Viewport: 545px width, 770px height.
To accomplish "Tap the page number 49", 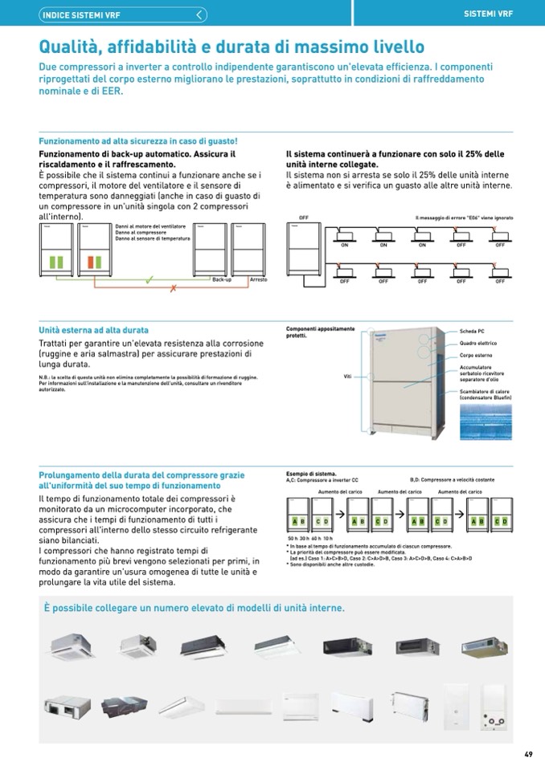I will pyautogui.click(x=528, y=754).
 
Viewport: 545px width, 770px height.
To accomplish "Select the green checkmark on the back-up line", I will pyautogui.click(x=150, y=279).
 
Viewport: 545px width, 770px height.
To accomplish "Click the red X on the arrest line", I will pyautogui.click(x=172, y=289).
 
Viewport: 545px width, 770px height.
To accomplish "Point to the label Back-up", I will pyautogui.click(x=222, y=279).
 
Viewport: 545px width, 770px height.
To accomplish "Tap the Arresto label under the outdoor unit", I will pyautogui.click(x=258, y=279).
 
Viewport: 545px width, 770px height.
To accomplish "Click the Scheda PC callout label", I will pyautogui.click(x=472, y=331).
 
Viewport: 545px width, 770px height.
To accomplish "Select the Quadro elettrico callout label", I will pyautogui.click(x=477, y=343).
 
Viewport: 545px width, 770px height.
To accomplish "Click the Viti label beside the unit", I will pyautogui.click(x=348, y=376).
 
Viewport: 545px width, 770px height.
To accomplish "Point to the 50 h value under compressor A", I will pyautogui.click(x=293, y=537).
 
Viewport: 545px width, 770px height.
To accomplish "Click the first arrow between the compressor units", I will pyautogui.click(x=339, y=513).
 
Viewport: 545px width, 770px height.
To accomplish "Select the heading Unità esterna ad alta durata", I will pyautogui.click(x=94, y=330).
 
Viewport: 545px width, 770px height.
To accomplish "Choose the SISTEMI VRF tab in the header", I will pyautogui.click(x=488, y=14).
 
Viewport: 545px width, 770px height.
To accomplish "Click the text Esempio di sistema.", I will pyautogui.click(x=311, y=474).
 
